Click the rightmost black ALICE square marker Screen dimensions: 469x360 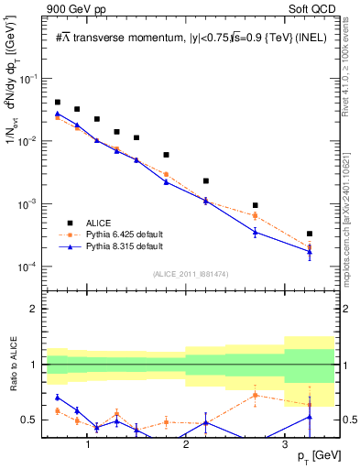click(310, 234)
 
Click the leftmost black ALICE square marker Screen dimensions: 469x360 click(58, 103)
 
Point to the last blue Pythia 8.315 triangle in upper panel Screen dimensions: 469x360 click(310, 252)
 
